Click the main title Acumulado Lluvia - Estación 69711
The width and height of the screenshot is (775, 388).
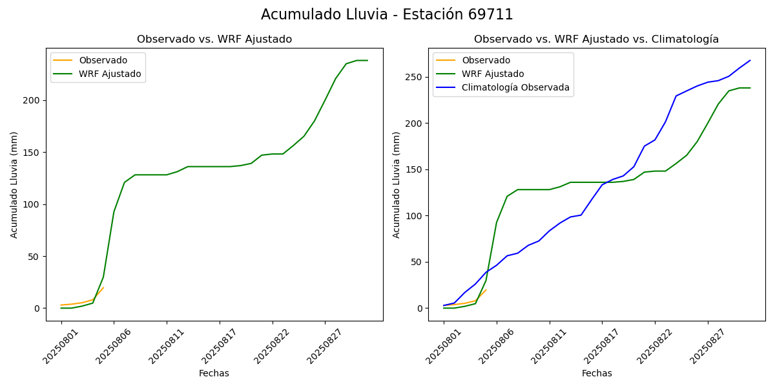coord(387,15)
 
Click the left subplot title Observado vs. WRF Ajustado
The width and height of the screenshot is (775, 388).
coord(214,39)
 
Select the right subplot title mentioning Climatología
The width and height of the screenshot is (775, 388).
coord(596,39)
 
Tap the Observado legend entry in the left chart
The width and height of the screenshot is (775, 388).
coord(103,60)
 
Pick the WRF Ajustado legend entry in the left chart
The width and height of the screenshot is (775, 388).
coord(110,74)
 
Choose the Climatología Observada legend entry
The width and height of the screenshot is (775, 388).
coord(515,87)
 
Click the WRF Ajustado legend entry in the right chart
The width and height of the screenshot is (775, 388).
coord(493,74)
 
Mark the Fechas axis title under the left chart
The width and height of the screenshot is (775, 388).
coord(214,373)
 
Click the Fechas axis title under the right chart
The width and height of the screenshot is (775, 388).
coord(597,373)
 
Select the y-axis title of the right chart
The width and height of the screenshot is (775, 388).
coord(397,184)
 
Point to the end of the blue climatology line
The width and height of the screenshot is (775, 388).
coord(750,61)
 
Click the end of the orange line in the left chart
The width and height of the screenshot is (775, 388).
coord(103,288)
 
